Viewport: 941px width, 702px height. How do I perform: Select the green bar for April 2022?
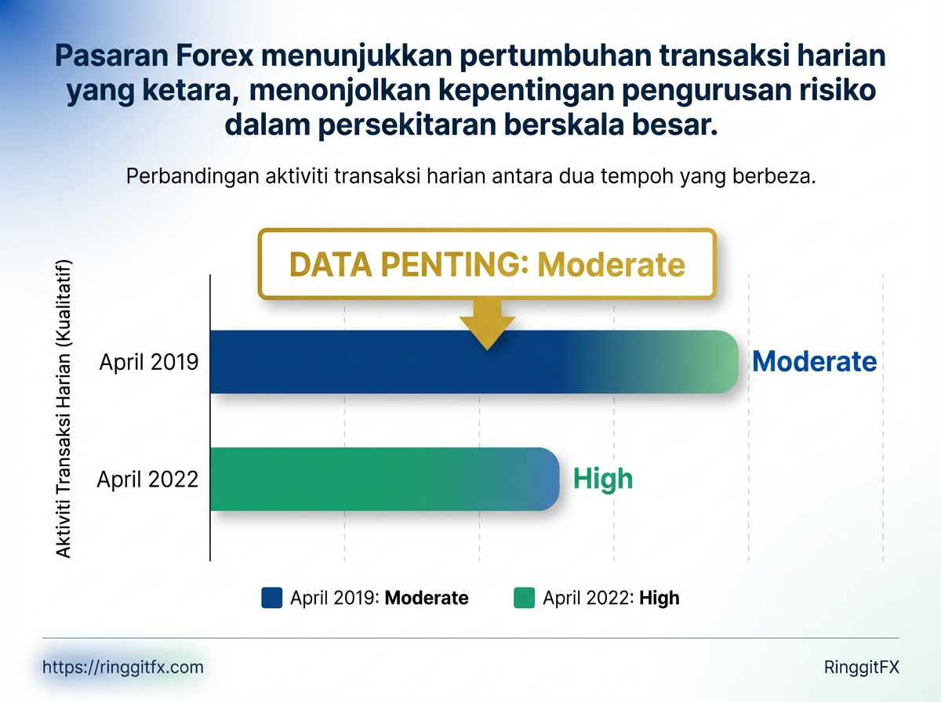click(384, 479)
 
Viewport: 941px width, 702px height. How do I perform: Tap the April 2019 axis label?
click(149, 362)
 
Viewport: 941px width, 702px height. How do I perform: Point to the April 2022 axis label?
click(147, 479)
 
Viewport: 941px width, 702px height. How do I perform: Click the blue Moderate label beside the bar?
click(814, 361)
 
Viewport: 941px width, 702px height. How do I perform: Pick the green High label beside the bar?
click(602, 478)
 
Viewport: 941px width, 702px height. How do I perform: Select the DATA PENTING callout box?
click(487, 265)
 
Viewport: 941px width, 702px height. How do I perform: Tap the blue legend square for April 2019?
click(271, 598)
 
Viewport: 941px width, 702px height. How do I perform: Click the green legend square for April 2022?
click(524, 598)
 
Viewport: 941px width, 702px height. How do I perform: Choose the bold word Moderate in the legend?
click(427, 599)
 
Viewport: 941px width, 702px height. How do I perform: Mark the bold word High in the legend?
click(659, 599)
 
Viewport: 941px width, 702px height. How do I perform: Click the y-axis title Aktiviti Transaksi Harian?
click(64, 407)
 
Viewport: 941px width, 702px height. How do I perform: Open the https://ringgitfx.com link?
click(122, 668)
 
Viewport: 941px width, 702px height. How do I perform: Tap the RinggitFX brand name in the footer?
click(862, 668)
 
